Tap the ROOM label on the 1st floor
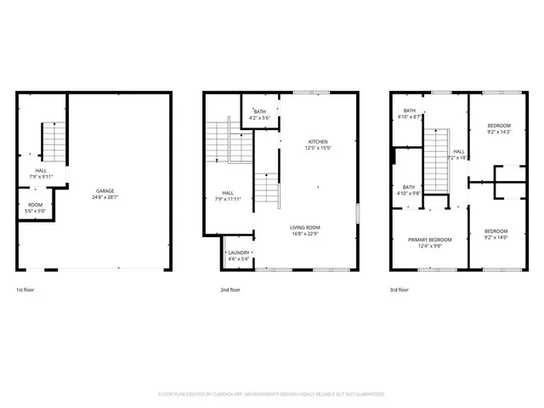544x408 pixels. tap(36, 204)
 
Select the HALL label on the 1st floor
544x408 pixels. tap(41, 172)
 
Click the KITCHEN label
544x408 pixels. tap(318, 142)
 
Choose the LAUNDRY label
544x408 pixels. tap(237, 253)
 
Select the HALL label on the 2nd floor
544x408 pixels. tap(228, 192)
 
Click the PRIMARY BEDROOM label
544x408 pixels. tap(430, 240)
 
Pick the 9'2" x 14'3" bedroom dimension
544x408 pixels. tap(499, 132)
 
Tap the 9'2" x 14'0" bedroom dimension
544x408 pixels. tap(496, 238)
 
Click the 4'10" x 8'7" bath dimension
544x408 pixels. tap(410, 116)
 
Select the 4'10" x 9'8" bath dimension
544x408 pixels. tap(409, 193)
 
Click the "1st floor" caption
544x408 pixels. tap(26, 290)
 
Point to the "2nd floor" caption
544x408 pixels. tap(230, 290)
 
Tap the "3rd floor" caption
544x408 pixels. tap(399, 290)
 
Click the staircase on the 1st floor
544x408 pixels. tap(53, 141)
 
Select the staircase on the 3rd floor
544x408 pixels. tap(436, 161)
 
